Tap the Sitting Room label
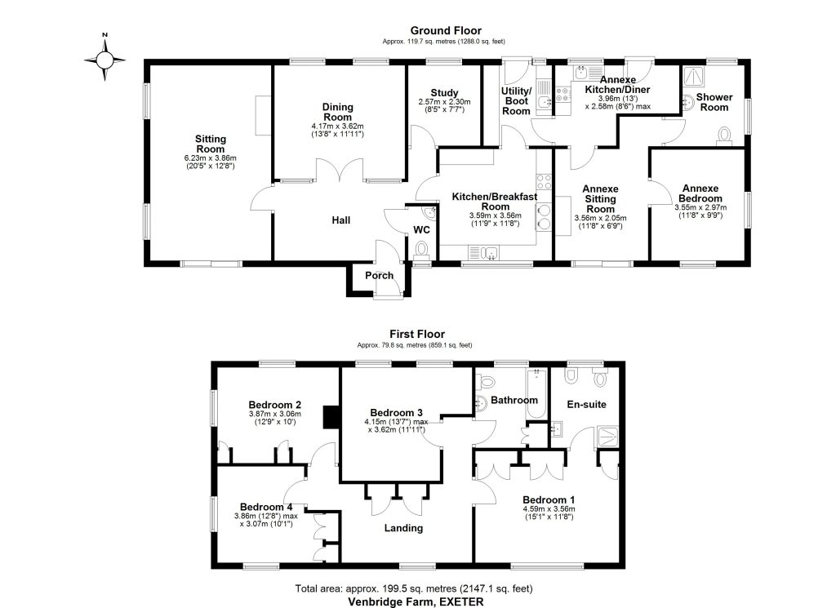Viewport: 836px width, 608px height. (211, 144)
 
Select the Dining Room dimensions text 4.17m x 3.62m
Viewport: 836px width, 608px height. (337, 126)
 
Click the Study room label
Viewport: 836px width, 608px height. (445, 93)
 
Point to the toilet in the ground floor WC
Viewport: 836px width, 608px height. (421, 249)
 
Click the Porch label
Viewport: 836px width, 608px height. (379, 276)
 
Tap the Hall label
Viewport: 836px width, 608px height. (341, 220)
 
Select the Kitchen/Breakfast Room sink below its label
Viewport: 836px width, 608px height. (483, 252)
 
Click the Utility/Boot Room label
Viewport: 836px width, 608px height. (516, 100)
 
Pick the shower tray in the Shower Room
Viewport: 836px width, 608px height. (693, 77)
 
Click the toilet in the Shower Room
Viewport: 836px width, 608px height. (725, 135)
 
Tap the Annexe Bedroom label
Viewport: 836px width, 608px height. (700, 193)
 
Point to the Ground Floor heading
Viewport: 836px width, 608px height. (446, 31)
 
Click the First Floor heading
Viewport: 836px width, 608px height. (417, 334)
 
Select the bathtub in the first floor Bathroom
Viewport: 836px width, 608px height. (536, 393)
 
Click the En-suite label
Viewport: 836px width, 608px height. (586, 405)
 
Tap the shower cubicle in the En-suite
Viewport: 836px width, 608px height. (607, 437)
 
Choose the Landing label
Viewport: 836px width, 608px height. (403, 528)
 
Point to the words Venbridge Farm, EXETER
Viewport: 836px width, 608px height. (416, 601)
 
